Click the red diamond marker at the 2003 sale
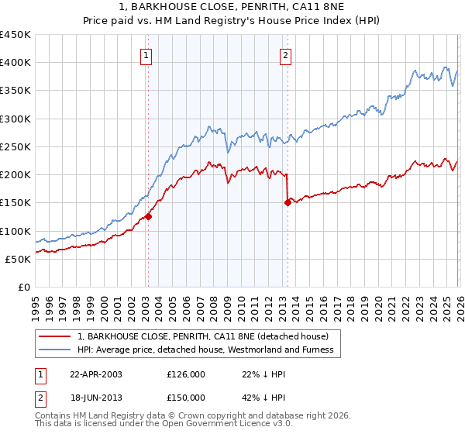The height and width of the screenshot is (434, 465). (x=148, y=217)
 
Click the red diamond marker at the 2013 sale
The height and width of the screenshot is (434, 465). (x=288, y=203)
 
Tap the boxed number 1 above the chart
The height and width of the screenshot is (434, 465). (x=147, y=55)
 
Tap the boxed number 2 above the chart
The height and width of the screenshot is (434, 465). (x=286, y=55)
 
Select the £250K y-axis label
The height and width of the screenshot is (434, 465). (x=15, y=146)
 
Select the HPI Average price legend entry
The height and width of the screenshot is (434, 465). (x=205, y=350)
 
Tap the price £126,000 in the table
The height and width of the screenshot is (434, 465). (x=186, y=374)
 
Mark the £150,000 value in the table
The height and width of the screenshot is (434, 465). (x=186, y=398)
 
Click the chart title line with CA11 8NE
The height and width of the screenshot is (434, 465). (x=232, y=9)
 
